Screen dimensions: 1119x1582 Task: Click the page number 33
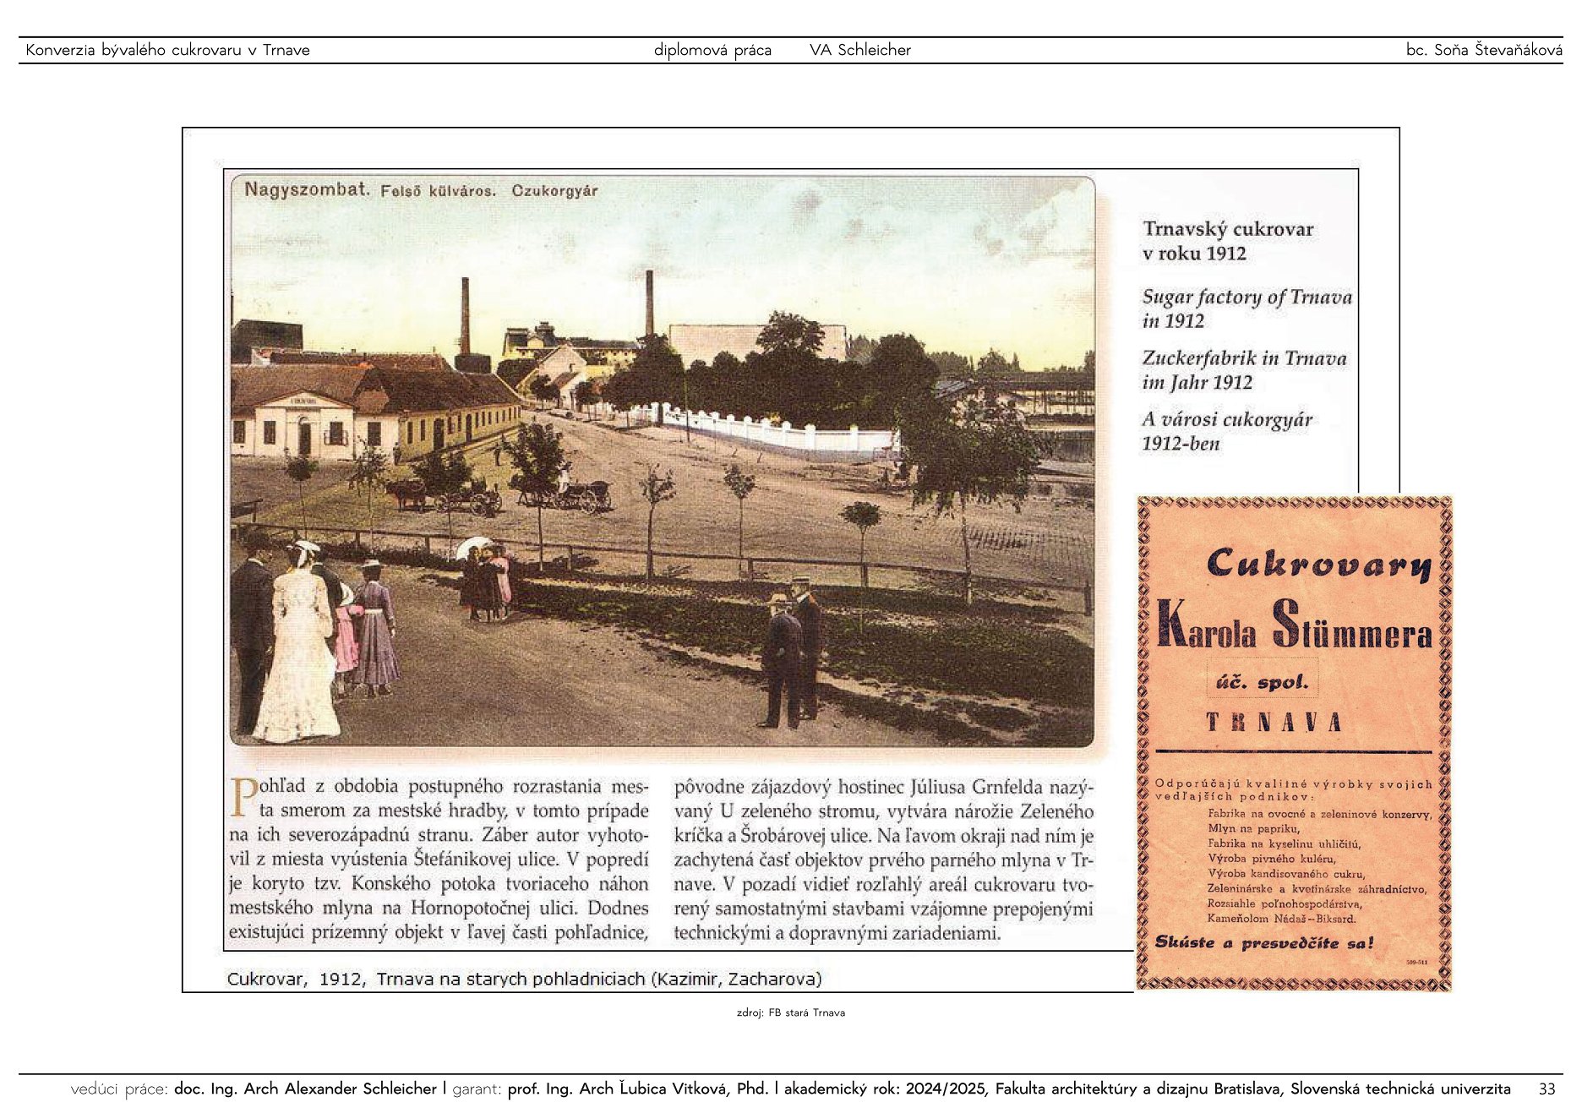click(1547, 1089)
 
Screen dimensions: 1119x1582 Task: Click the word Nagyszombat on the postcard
click(307, 189)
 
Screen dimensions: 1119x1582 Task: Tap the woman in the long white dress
click(297, 651)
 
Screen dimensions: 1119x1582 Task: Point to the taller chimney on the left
click(465, 317)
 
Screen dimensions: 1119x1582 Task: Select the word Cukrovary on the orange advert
click(1318, 564)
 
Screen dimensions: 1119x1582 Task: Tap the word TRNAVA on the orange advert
click(1274, 723)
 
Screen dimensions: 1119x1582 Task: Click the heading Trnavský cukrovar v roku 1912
click(1227, 241)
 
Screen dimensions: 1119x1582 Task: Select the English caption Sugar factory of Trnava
click(1247, 297)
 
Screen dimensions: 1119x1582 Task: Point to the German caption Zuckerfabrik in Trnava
click(1244, 358)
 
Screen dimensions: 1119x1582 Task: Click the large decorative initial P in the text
click(243, 797)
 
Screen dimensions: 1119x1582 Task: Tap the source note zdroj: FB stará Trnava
click(790, 1013)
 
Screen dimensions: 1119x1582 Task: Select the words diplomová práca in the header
click(712, 50)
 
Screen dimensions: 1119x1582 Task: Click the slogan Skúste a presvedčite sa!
click(1264, 943)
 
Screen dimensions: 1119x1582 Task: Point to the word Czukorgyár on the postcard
click(554, 191)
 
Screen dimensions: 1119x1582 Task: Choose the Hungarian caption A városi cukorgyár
click(1227, 420)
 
